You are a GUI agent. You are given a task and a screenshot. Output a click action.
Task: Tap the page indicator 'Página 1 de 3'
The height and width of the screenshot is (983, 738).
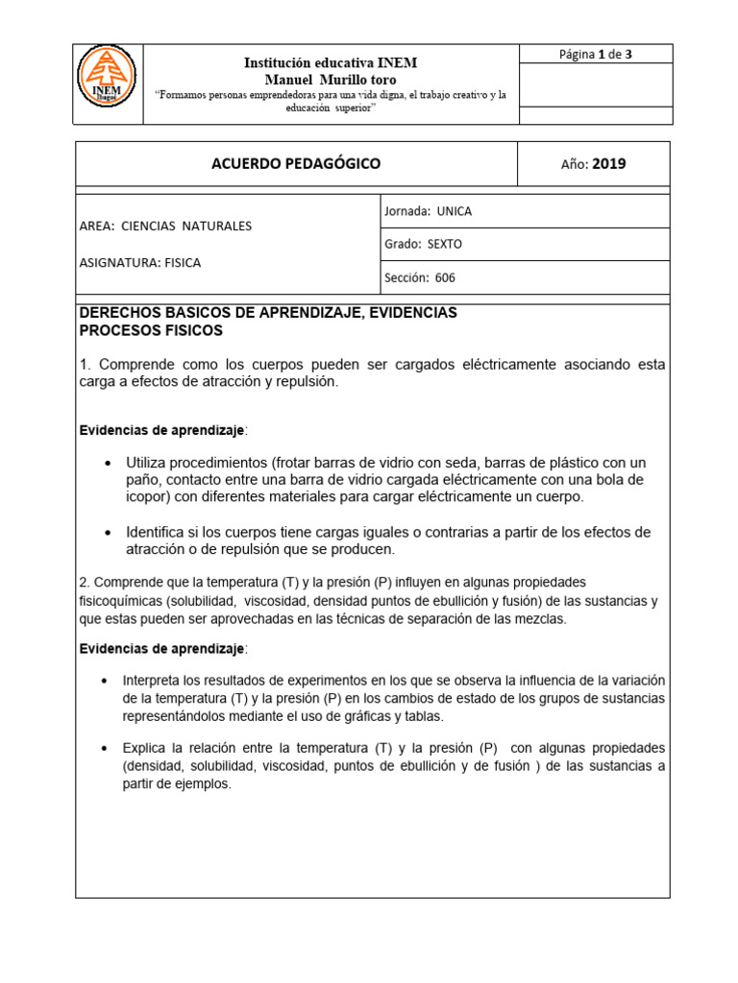tap(595, 54)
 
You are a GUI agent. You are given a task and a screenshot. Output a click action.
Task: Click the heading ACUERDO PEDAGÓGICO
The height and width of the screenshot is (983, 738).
tap(296, 163)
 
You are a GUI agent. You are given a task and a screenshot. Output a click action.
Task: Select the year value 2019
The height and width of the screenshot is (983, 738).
tap(608, 164)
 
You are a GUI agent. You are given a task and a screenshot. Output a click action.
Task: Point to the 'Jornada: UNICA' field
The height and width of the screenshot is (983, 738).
tap(428, 211)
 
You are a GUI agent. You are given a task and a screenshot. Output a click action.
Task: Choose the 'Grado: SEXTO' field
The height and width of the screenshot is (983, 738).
tap(423, 244)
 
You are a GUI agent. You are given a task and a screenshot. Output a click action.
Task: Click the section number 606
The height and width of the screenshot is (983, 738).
tap(445, 277)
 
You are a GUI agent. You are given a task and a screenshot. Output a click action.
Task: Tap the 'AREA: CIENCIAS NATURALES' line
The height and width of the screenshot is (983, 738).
tap(165, 226)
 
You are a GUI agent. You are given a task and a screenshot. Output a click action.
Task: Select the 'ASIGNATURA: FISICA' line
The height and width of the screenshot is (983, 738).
tap(140, 261)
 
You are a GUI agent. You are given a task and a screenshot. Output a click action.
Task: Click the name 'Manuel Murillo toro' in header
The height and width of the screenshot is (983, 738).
tap(330, 80)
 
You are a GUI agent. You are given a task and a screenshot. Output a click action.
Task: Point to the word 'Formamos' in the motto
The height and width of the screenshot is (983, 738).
tap(188, 95)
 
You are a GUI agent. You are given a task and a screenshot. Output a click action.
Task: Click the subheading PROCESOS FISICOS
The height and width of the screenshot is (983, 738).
tap(151, 330)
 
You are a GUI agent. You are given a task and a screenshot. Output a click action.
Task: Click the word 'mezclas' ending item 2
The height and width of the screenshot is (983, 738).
tap(542, 619)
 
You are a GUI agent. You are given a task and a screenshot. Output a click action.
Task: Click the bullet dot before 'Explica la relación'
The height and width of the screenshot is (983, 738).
tap(105, 748)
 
